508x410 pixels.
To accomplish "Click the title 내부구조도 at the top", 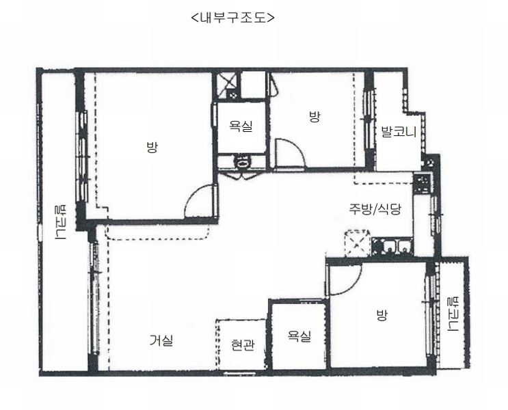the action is (232, 17).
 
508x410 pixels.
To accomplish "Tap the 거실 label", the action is (161, 340).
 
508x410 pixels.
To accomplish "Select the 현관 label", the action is (243, 345).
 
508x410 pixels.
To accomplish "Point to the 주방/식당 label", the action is (375, 209).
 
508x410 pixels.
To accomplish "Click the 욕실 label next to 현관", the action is (299, 336).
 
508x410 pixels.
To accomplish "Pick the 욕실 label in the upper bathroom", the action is (241, 126).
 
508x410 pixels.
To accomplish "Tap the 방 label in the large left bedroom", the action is (152, 148).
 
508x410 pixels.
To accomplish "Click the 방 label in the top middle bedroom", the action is (315, 117).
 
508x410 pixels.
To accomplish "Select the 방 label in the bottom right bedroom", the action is (382, 315).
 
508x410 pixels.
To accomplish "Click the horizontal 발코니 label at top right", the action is (399, 132).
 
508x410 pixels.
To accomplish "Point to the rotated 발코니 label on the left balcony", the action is (61, 222).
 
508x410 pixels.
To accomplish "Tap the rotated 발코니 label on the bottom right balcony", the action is (452, 314).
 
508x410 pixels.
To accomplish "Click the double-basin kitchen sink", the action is (392, 247).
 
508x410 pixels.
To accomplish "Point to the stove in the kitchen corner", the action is (422, 184).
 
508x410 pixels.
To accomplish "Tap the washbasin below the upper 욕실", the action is (242, 161).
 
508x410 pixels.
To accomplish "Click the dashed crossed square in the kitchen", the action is (357, 243).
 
